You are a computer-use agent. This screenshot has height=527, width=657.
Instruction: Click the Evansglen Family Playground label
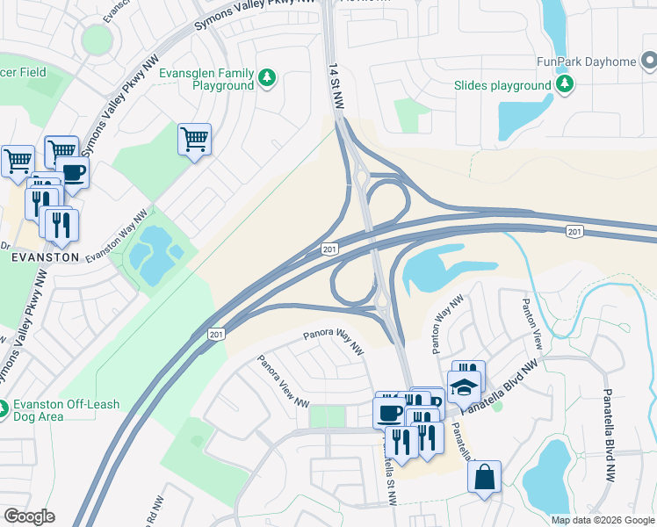[x=206, y=80]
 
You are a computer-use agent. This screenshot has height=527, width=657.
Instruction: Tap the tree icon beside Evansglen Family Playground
[x=267, y=80]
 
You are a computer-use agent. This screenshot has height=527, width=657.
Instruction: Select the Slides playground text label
[x=502, y=86]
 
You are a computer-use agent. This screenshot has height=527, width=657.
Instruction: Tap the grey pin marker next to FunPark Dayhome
[x=649, y=61]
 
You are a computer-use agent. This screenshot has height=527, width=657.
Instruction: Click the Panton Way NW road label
[x=445, y=324]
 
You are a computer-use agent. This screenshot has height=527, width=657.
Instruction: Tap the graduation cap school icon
[x=464, y=385]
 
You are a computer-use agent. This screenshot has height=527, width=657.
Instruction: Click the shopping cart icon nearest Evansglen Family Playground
[x=194, y=138]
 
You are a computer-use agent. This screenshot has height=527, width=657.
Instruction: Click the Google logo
[x=29, y=516]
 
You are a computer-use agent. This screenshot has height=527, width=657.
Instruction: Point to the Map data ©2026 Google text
[x=603, y=520]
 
